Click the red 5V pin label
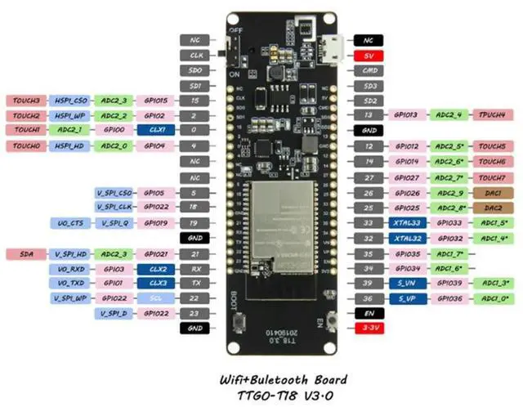click(x=369, y=56)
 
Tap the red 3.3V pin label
click(x=369, y=329)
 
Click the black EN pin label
click(x=369, y=314)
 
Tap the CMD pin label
click(x=369, y=70)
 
